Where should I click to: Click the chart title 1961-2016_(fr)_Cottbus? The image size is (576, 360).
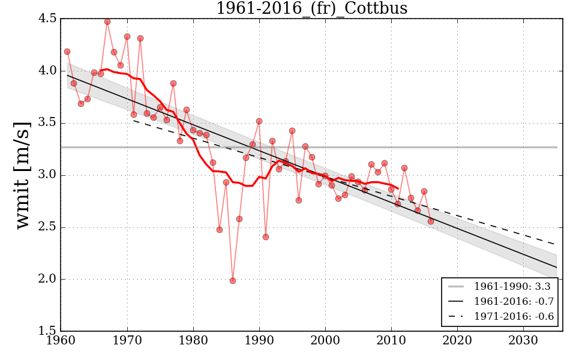(x=312, y=8)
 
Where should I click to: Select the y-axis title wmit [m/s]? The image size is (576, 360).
(x=23, y=175)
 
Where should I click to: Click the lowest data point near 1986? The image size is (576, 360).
(x=233, y=281)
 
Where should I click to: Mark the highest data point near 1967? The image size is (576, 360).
(x=107, y=22)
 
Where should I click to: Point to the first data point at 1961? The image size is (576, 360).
(x=67, y=52)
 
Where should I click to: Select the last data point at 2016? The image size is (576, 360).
(x=431, y=221)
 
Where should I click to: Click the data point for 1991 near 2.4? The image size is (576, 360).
(x=266, y=237)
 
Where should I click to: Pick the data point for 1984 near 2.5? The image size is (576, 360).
(x=220, y=230)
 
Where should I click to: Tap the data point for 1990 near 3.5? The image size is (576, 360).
(x=259, y=121)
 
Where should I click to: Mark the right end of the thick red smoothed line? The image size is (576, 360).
(x=398, y=188)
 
